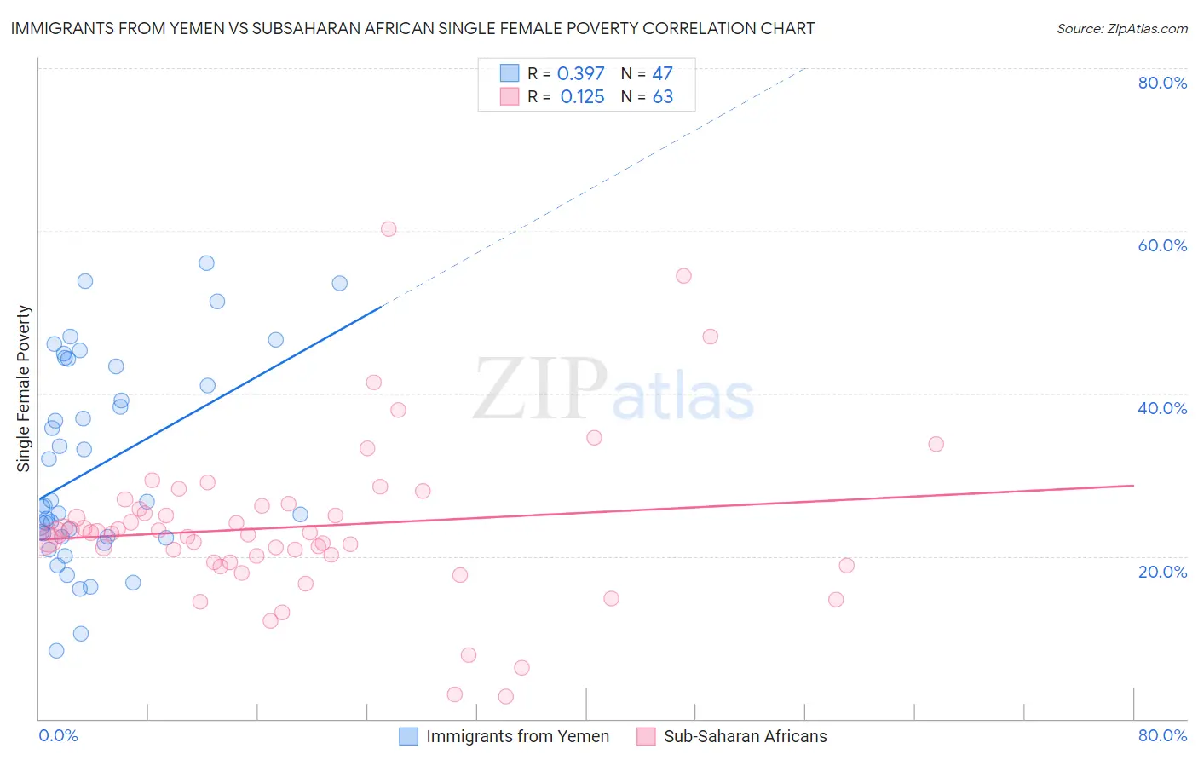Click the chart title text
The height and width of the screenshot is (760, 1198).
412,28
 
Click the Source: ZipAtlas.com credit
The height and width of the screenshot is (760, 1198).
1121,28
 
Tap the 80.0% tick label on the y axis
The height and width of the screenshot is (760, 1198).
1162,83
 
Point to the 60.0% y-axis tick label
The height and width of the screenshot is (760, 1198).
1162,245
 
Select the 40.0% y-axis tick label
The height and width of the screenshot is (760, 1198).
1162,408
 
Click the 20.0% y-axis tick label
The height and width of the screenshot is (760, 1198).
1162,572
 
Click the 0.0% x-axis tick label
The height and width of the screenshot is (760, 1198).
58,735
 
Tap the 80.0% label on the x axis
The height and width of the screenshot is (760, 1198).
1162,735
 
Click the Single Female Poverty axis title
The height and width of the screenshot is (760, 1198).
24,389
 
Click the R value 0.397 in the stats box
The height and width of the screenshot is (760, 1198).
580,73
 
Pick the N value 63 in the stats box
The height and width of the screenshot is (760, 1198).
662,97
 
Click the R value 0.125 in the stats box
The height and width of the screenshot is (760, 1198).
582,97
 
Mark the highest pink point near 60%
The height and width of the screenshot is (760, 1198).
389,228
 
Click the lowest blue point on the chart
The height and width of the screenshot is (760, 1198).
56,651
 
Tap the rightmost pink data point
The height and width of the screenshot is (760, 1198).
936,444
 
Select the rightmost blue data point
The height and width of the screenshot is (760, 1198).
339,283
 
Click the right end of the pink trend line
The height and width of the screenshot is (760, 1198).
1133,485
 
